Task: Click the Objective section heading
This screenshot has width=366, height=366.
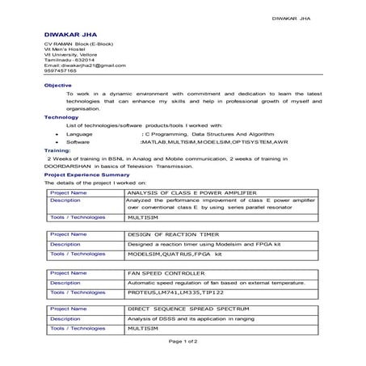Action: click(57, 85)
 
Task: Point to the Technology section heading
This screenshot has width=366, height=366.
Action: click(61, 117)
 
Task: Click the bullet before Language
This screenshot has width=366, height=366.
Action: click(48, 133)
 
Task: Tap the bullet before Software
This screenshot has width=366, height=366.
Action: click(48, 141)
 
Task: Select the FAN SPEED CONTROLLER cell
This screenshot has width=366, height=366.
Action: click(161, 274)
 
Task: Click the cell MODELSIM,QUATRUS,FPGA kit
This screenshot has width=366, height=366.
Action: click(174, 254)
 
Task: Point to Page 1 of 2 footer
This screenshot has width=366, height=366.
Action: click(182, 342)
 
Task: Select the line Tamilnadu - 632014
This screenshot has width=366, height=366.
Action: click(69, 59)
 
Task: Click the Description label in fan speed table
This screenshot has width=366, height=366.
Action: click(65, 284)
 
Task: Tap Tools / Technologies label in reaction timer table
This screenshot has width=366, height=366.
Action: click(78, 254)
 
